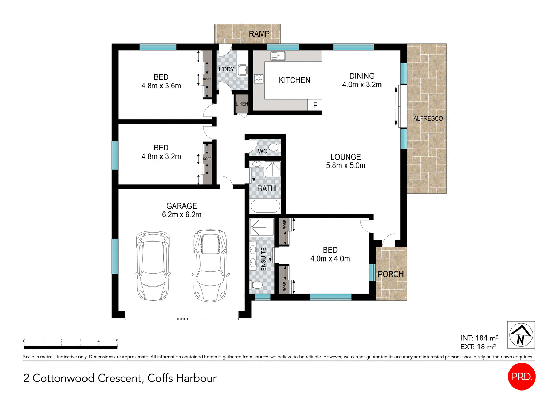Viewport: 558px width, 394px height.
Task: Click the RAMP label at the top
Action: [259, 34]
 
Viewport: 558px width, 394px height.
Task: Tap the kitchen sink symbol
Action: [278, 56]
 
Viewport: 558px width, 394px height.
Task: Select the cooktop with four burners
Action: [259, 79]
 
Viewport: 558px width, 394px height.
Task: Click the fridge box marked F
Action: [315, 105]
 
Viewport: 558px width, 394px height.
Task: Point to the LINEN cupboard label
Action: [242, 104]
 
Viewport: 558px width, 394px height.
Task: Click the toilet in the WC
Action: [274, 147]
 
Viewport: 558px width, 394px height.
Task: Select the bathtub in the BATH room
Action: [265, 206]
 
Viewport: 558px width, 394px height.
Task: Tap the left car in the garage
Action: [153, 265]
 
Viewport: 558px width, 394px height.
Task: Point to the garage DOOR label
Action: [182, 319]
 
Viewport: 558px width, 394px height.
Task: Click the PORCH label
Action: [391, 274]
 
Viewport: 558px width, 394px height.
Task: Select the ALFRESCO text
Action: [428, 118]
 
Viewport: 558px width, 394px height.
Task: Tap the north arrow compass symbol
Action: [521, 335]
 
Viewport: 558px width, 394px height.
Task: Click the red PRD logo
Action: [521, 377]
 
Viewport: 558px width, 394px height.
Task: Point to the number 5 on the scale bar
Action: [117, 341]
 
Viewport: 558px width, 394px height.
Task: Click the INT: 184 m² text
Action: [479, 338]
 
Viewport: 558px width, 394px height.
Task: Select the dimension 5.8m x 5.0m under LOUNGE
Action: [346, 166]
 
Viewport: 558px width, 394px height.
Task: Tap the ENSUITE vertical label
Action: [264, 259]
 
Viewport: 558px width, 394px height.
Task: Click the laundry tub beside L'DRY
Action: [243, 70]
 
